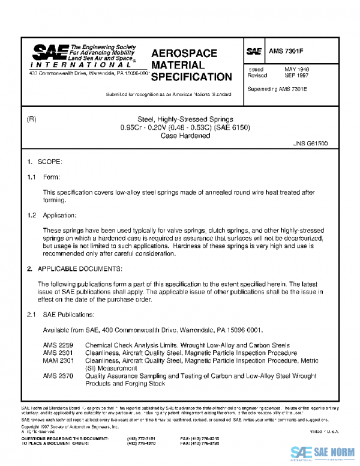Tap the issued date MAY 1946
point(296,70)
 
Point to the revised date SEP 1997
point(296,76)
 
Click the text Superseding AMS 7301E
point(277,89)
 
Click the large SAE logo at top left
point(49,53)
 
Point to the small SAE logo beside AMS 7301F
point(254,52)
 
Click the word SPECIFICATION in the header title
point(191,77)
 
